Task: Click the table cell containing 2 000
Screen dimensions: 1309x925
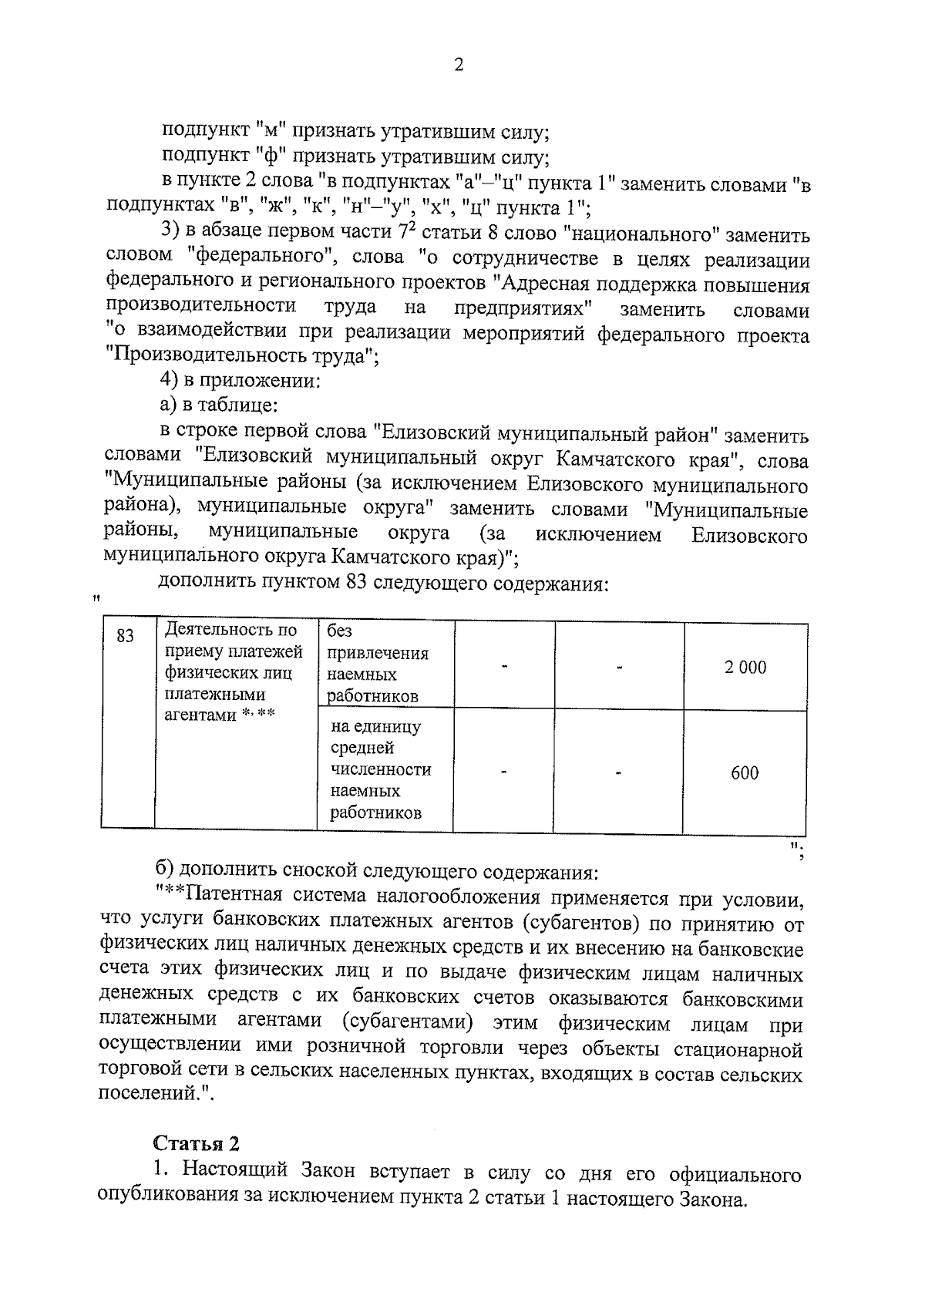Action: coord(745,668)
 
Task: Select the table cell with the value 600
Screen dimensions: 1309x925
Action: coord(745,773)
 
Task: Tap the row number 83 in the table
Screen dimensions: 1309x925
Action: coord(125,636)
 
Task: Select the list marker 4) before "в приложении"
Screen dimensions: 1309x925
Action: coord(168,381)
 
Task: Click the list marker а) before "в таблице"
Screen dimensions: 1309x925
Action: coord(167,405)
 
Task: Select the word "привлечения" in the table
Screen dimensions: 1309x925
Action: coord(378,654)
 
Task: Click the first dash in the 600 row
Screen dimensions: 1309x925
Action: coord(503,772)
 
